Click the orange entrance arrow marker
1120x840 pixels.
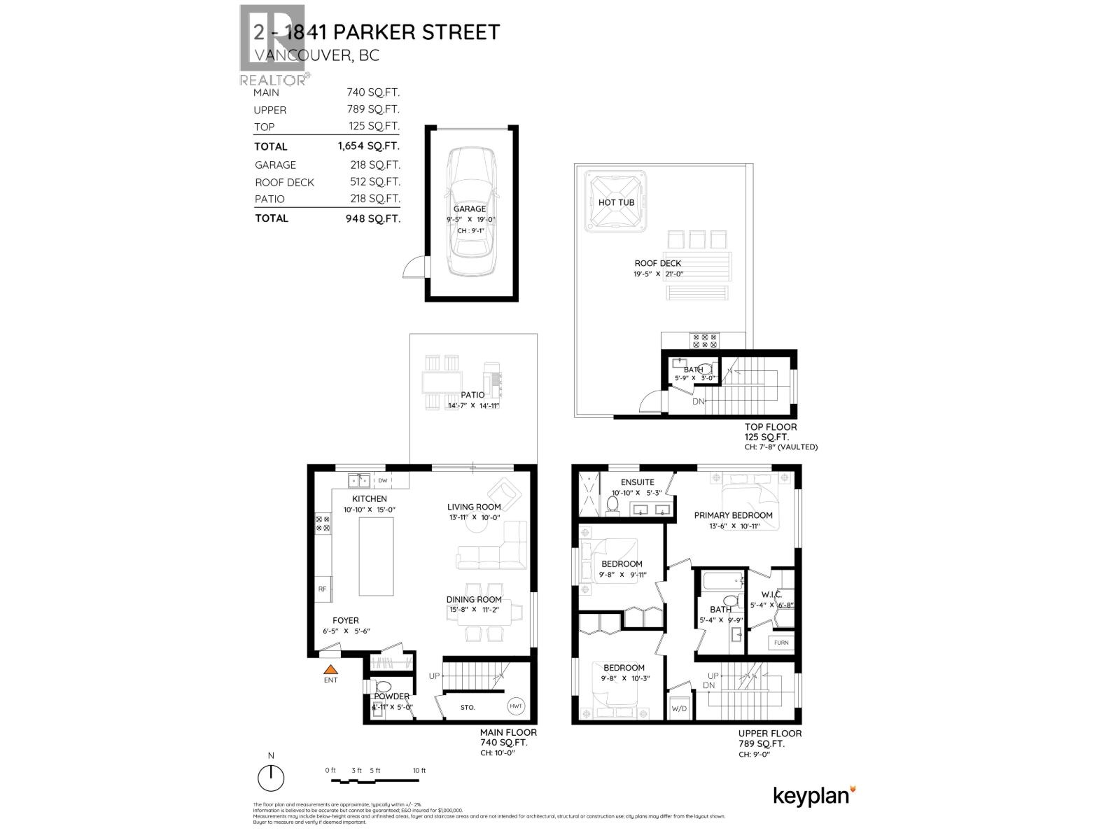tap(330, 669)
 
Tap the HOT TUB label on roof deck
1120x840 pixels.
tap(616, 202)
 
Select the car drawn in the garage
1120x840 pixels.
tap(470, 211)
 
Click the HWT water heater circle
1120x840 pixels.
tap(517, 706)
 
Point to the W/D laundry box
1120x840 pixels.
tap(679, 708)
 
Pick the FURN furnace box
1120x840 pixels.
tap(781, 642)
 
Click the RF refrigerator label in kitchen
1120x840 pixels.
tap(323, 589)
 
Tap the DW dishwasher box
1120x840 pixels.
tap(383, 481)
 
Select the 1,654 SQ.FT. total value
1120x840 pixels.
tap(367, 146)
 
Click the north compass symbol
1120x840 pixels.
tap(271, 777)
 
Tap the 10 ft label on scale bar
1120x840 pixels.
tap(419, 771)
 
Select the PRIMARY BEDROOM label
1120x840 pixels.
tap(733, 515)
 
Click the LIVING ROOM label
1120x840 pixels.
tap(474, 507)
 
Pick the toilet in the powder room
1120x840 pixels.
tap(383, 687)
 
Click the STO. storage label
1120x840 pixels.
tap(468, 707)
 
